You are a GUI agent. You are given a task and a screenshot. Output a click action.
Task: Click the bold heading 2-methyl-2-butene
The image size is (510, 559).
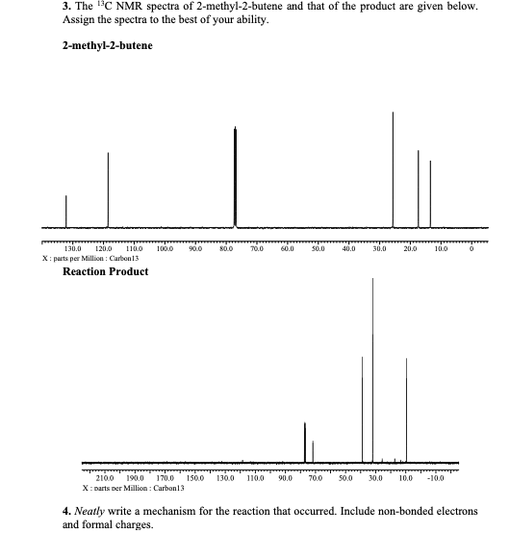click(107, 46)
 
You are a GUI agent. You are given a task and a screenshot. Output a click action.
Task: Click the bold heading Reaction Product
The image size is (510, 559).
click(105, 271)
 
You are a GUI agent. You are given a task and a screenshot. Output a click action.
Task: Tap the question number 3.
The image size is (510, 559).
click(66, 8)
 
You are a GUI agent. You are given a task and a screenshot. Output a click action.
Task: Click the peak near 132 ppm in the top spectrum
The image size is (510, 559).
click(65, 210)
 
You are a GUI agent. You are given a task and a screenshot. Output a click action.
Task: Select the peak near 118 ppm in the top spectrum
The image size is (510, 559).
click(108, 188)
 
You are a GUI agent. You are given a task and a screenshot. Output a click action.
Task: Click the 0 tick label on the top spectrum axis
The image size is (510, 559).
click(472, 249)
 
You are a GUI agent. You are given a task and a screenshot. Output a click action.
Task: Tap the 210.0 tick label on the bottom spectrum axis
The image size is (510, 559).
click(106, 478)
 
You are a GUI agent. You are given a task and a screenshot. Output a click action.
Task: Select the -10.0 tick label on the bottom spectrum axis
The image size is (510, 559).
click(435, 478)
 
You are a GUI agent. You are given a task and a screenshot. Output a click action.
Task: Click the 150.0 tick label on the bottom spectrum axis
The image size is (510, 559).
click(195, 478)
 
